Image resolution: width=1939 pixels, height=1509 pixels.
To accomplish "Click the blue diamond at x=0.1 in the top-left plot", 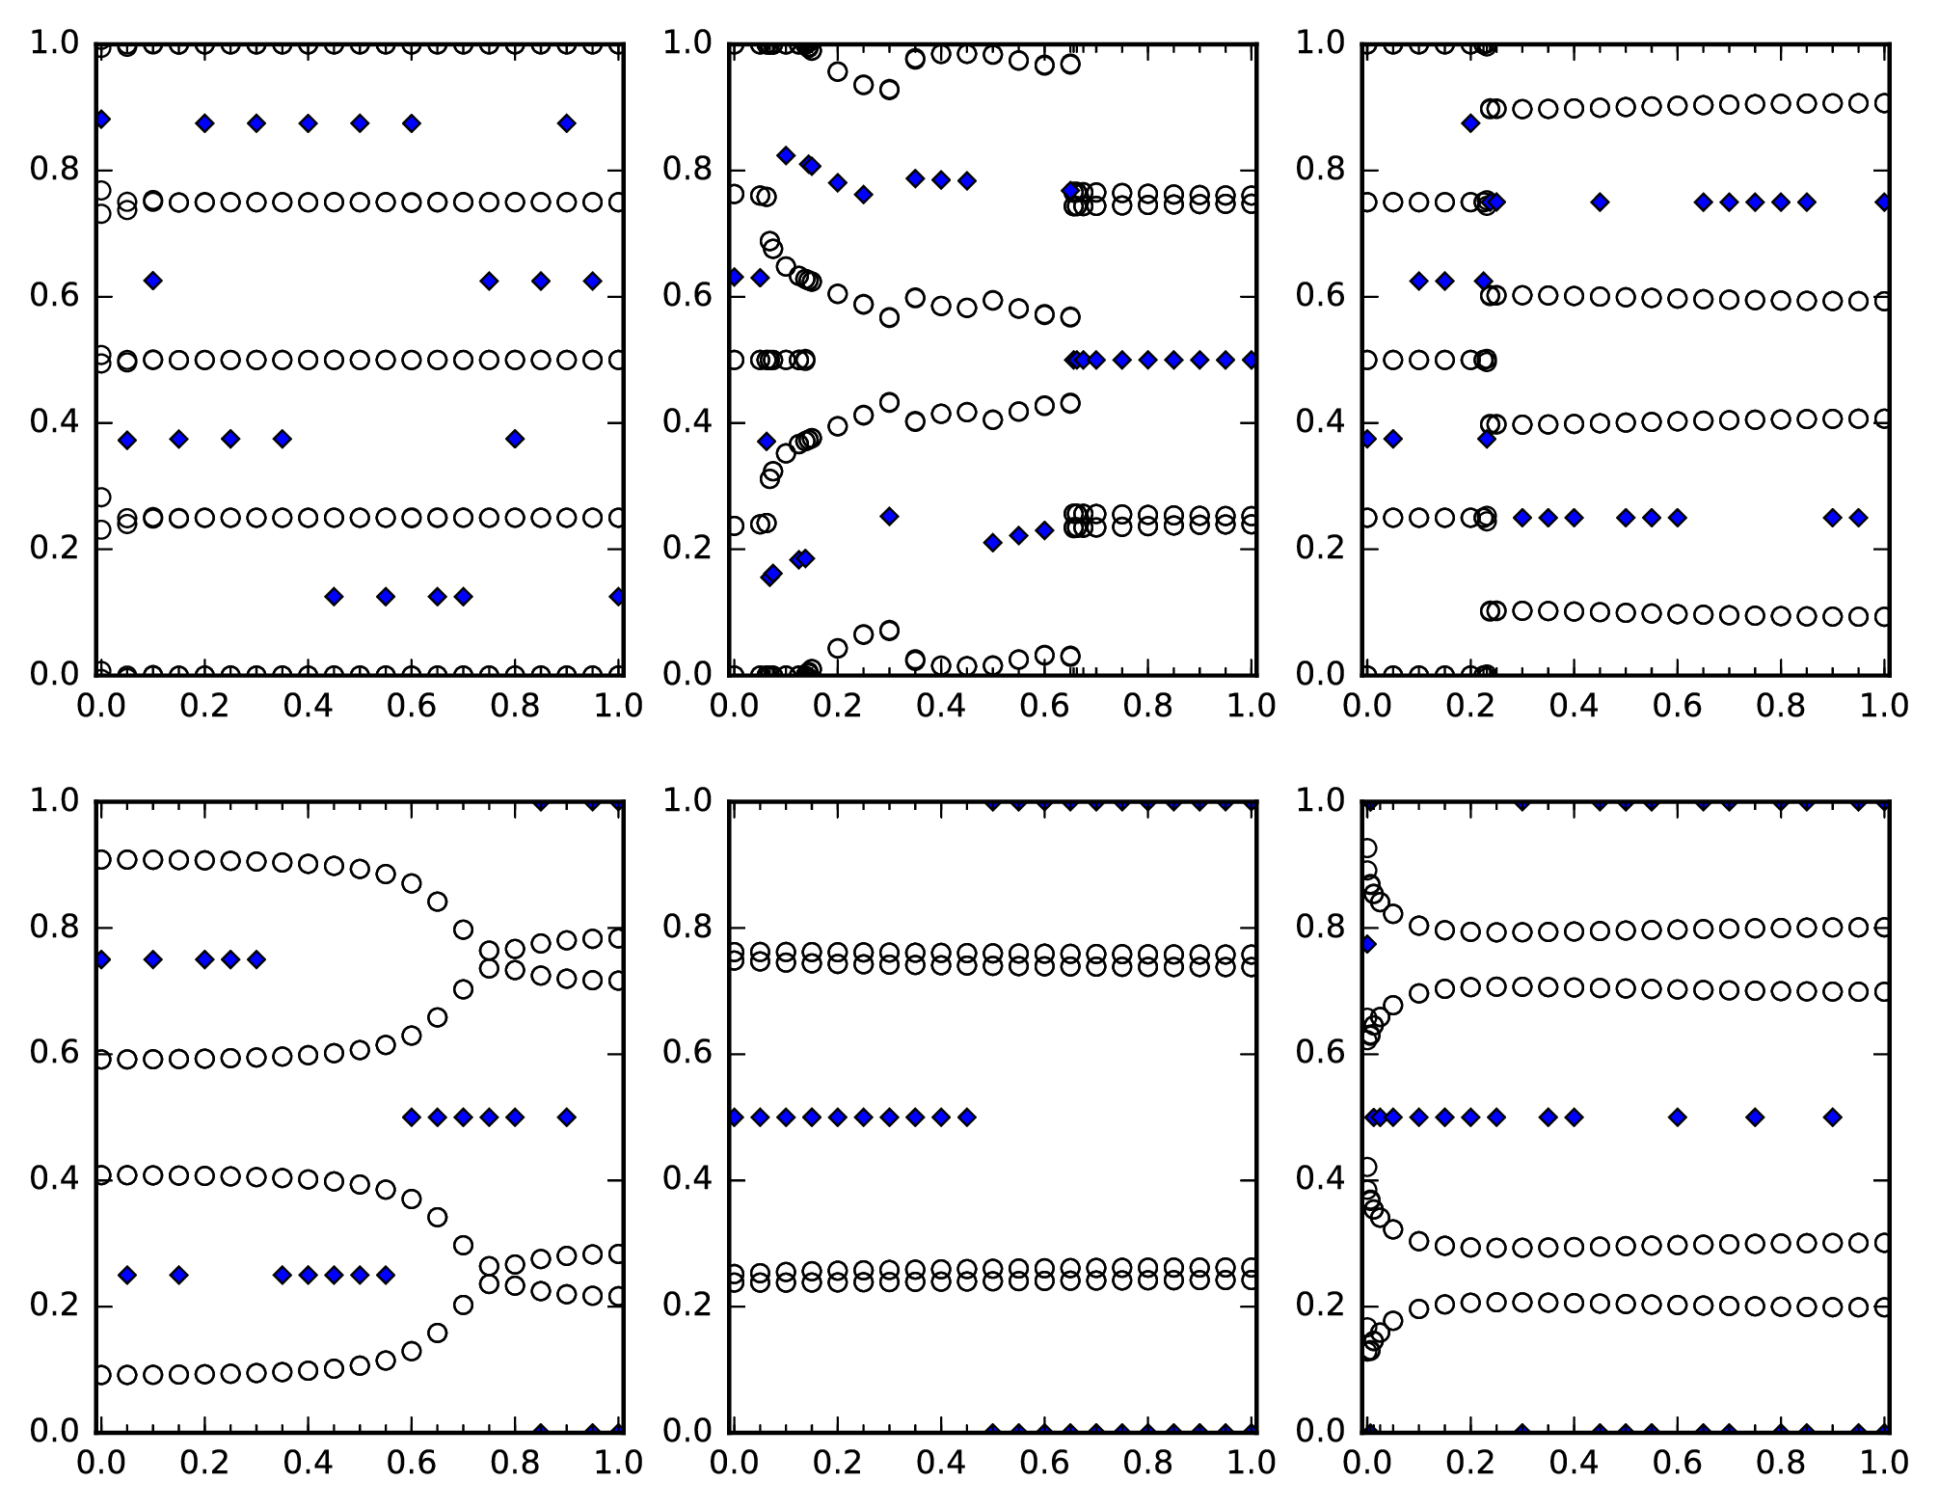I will pos(152,281).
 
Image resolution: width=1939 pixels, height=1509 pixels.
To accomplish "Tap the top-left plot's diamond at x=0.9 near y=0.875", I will pos(566,123).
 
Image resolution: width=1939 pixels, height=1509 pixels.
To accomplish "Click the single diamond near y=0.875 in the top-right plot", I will pos(1470,123).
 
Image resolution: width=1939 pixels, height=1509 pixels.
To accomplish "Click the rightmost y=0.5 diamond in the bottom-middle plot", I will pos(967,1118).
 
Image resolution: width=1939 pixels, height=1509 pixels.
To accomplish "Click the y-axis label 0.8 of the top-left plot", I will pos(55,170).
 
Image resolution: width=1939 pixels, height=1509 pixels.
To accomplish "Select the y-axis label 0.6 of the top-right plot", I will pos(1321,296).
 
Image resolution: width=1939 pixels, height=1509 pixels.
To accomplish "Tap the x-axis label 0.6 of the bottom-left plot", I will pos(412,1463).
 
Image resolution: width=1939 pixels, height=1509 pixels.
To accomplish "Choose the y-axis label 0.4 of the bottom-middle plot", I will pos(688,1180).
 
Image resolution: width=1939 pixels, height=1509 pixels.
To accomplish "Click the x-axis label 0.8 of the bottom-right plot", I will pos(1781,1463).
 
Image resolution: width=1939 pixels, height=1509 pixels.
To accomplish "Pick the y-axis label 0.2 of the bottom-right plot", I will pos(1321,1307).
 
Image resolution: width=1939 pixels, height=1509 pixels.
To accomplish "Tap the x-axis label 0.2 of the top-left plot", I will pos(204,706).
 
